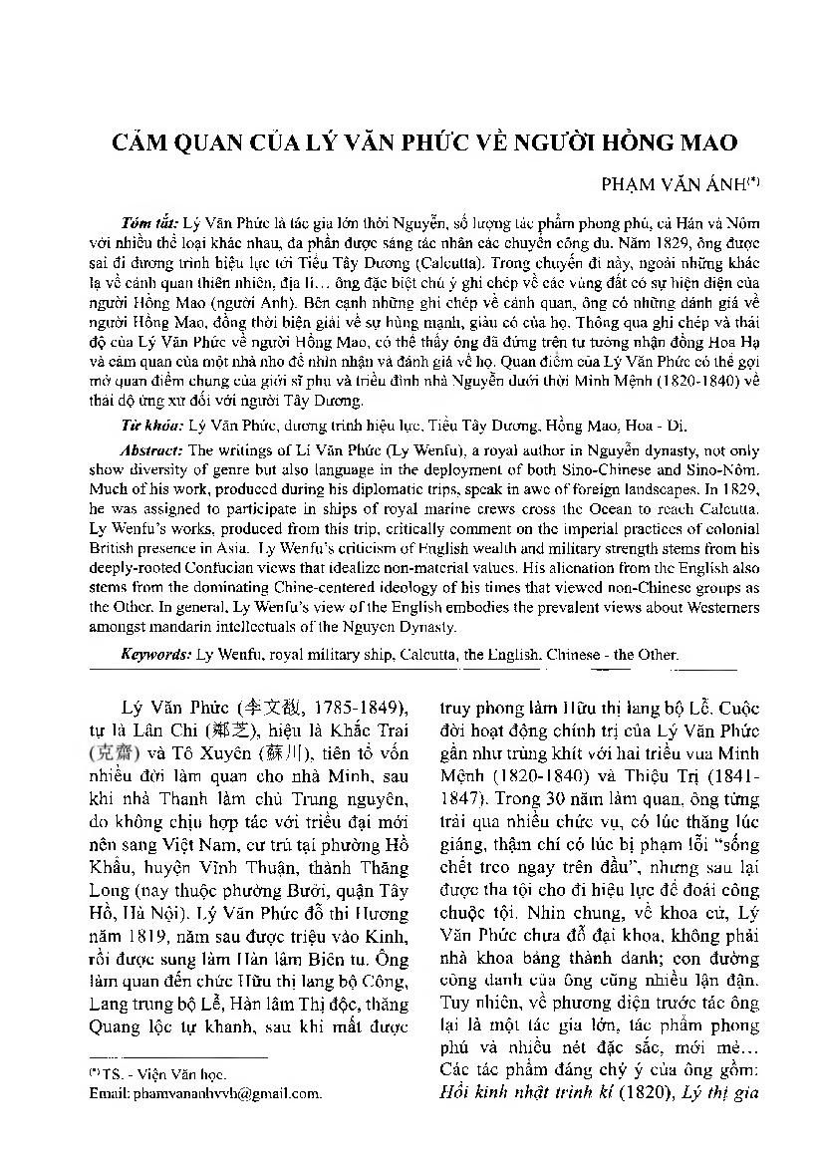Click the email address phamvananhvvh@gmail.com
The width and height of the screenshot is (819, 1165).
[205, 1093]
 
